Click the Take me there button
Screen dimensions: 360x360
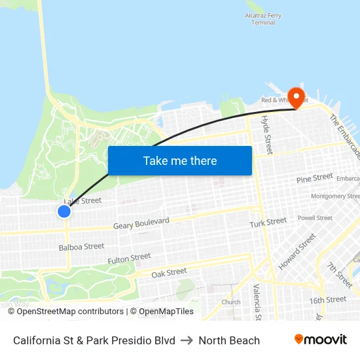(x=180, y=160)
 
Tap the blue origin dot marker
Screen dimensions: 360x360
(x=64, y=211)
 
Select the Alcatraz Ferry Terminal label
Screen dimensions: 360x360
(x=263, y=18)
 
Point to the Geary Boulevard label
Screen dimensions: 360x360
(x=141, y=223)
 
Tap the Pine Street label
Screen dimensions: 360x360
(x=314, y=178)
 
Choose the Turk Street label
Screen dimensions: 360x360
(x=268, y=223)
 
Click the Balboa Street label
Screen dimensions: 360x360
(x=81, y=247)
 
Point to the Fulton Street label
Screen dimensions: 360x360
(x=129, y=259)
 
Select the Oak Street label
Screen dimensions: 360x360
(x=169, y=272)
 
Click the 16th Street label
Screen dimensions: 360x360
(x=328, y=300)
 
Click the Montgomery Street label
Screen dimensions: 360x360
(x=335, y=196)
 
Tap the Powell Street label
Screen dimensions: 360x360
(x=315, y=218)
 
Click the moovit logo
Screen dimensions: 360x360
(x=321, y=339)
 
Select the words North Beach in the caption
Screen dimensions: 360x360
(x=229, y=340)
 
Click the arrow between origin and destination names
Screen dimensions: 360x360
(x=187, y=340)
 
